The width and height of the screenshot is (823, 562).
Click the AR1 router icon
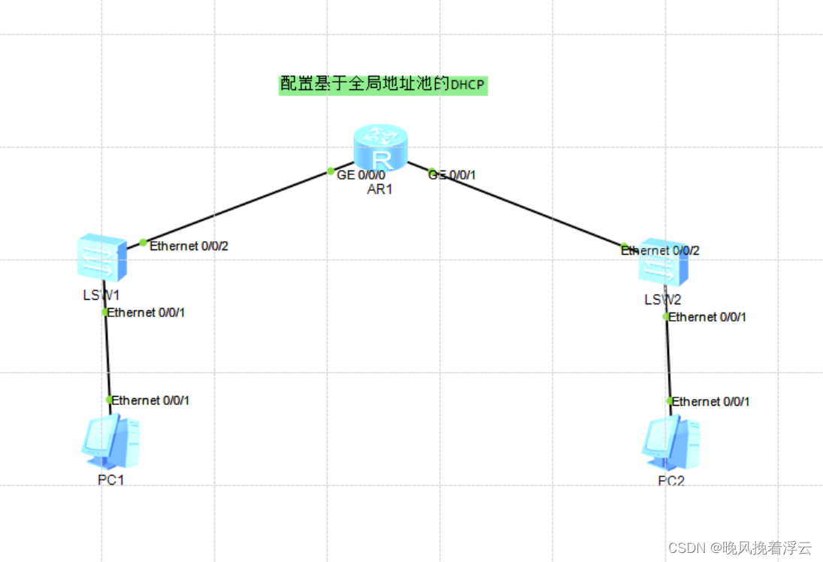pos(381,148)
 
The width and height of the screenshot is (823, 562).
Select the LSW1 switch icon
pos(101,258)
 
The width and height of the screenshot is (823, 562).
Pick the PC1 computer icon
pos(110,442)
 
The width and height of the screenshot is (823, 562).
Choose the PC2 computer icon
pos(671,443)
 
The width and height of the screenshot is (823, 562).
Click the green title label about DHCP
pos(383,84)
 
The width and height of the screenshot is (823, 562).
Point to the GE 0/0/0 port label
pos(361,175)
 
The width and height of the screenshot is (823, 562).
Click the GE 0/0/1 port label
pos(452,175)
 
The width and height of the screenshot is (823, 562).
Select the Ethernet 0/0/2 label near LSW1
pos(189,246)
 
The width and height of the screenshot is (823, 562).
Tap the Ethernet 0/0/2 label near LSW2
pos(660,251)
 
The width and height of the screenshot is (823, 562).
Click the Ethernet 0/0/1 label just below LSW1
pos(146,313)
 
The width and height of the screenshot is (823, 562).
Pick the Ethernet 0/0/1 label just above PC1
pos(150,400)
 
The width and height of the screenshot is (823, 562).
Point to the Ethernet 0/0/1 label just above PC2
pos(710,402)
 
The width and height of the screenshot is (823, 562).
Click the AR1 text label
pos(380,189)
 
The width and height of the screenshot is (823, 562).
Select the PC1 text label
pos(110,480)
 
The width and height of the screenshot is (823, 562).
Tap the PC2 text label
pos(671,481)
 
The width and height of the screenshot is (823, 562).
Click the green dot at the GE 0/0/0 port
pos(331,171)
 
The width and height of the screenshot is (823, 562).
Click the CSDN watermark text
pos(740,548)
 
